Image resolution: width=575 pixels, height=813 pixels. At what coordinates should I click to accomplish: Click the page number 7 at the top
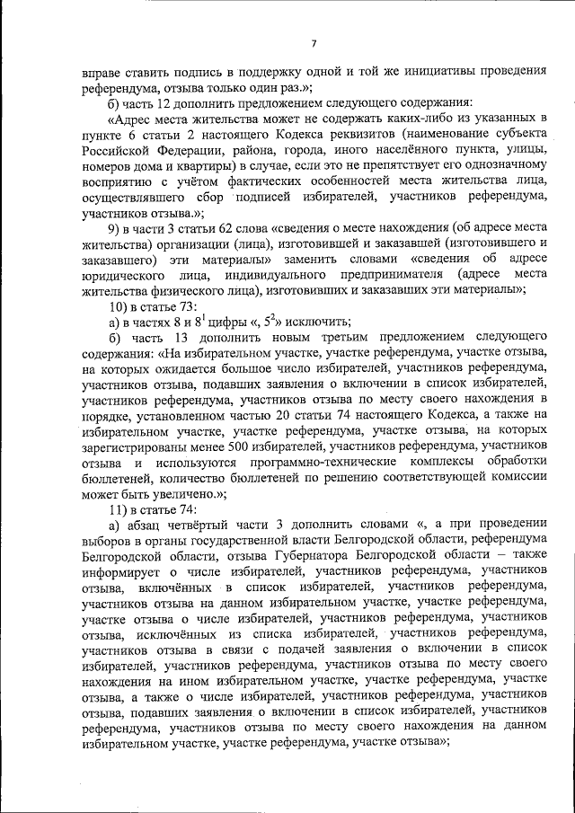tap(314, 44)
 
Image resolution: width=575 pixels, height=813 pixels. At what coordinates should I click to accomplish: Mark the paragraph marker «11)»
tap(118, 510)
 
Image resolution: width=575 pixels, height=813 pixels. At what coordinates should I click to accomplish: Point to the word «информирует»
tap(118, 559)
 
